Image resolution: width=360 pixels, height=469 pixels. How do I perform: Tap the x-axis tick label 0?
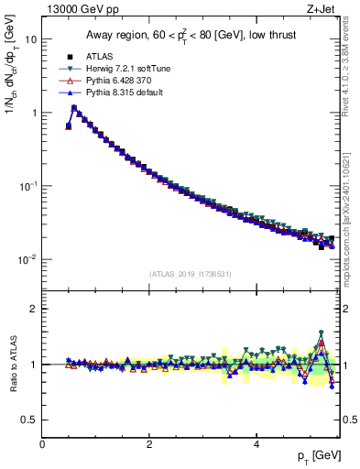42,443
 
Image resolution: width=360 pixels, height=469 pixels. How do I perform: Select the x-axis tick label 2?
149,443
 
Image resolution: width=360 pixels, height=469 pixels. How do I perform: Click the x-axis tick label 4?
256,443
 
